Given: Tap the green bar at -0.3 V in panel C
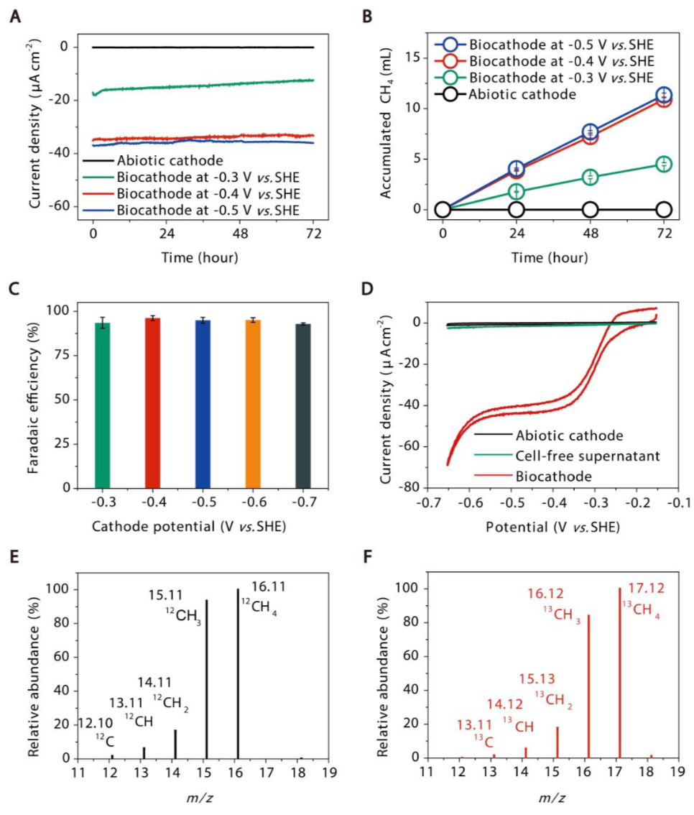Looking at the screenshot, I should click(x=103, y=405).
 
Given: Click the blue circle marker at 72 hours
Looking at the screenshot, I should click(x=664, y=96).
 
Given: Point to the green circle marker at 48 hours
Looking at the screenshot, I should click(x=590, y=176).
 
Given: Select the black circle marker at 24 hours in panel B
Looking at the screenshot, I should click(x=516, y=210).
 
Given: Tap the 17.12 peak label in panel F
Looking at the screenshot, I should click(x=646, y=588).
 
